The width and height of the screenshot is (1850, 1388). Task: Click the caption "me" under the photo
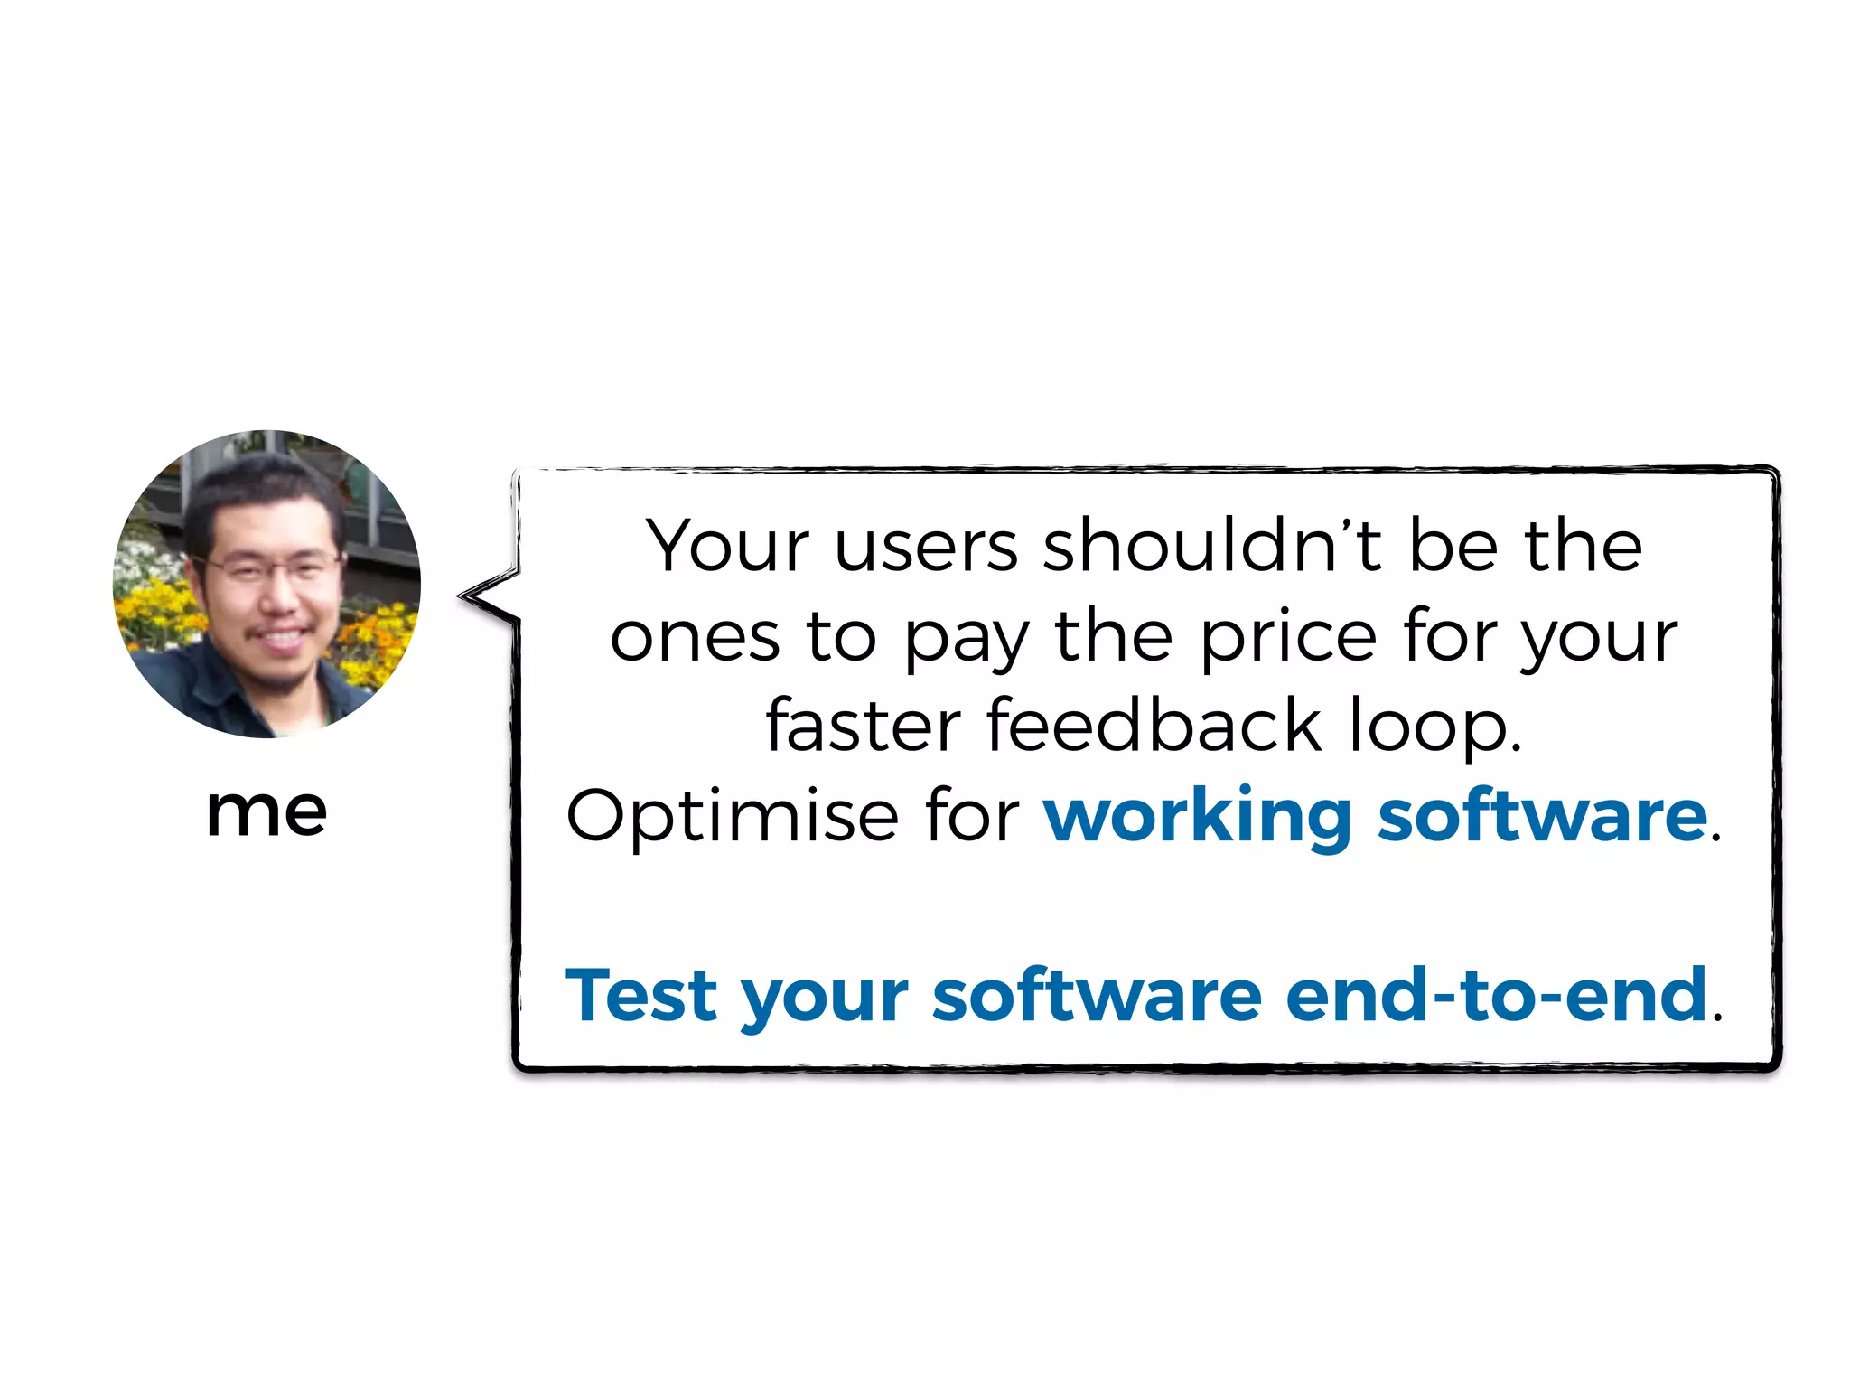click(x=266, y=811)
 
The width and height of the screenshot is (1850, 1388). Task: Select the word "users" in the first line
click(x=927, y=548)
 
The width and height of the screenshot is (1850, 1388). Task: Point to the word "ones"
click(x=695, y=638)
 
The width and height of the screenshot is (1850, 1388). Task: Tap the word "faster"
click(x=864, y=726)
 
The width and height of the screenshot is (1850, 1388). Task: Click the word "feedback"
click(x=1154, y=726)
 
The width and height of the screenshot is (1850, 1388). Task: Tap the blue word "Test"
click(x=640, y=995)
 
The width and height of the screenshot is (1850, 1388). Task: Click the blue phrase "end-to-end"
click(x=1496, y=995)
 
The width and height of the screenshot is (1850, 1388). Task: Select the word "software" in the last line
click(x=1097, y=995)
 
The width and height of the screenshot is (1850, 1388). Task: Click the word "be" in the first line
click(x=1453, y=546)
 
